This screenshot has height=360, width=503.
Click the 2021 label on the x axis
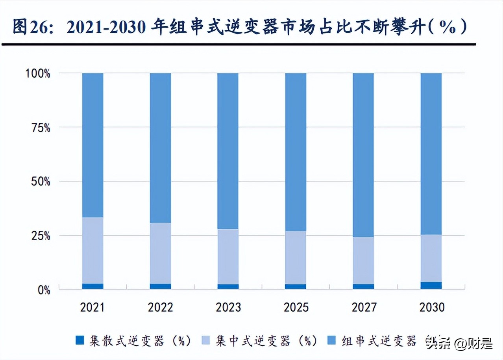coord(92,307)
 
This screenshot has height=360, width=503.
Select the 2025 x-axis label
coord(296,307)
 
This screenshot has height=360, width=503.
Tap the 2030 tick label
coord(431,307)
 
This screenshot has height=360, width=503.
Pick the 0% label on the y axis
coord(44,290)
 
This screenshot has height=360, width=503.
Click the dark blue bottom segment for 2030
coord(431,286)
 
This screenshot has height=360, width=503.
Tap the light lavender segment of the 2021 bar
coord(93,251)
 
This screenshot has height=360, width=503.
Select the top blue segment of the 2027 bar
coord(363,155)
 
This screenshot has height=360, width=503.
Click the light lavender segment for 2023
coord(228,256)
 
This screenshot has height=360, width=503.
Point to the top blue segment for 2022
coord(160,148)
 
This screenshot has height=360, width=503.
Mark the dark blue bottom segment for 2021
coord(93,286)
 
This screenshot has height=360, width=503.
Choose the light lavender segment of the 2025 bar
coord(296,258)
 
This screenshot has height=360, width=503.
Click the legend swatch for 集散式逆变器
coord(80,340)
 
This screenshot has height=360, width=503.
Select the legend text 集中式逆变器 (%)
coord(266,341)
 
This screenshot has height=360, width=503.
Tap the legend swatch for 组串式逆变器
coord(332,340)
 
